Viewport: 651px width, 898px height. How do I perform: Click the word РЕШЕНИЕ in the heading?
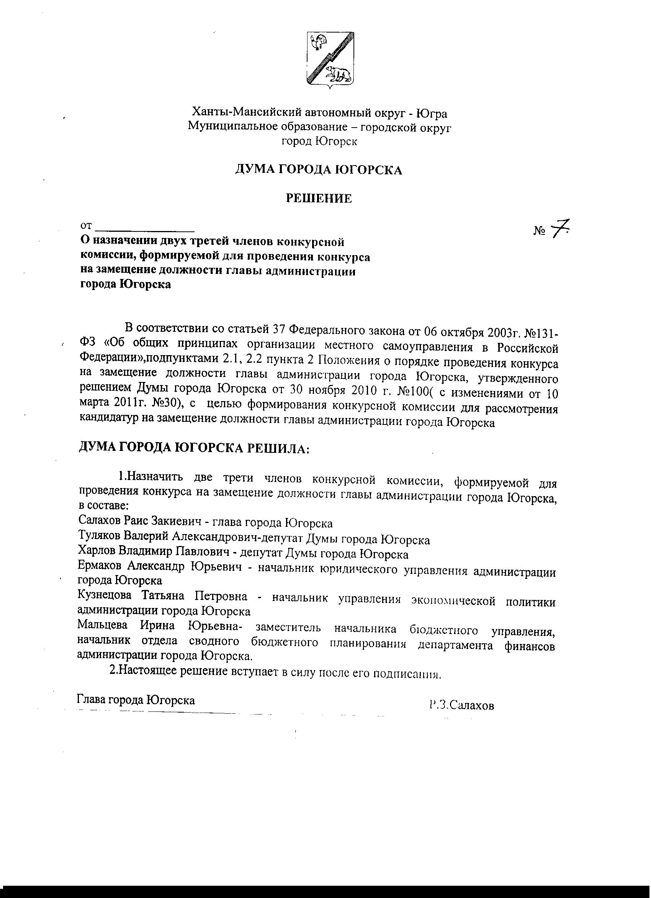(319, 198)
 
